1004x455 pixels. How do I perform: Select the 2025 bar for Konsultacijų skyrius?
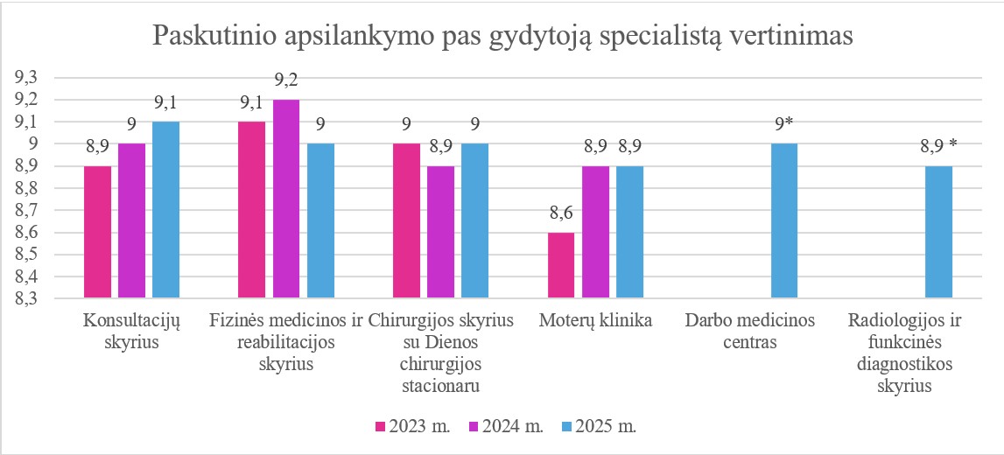coord(165,210)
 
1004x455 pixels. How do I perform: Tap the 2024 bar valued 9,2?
coord(286,199)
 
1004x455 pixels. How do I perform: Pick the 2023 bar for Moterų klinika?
coord(561,265)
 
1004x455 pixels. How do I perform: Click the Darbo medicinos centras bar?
coord(784,220)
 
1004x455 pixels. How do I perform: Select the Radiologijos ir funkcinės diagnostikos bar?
coord(939,232)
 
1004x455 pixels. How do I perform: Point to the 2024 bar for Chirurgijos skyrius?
coord(441,232)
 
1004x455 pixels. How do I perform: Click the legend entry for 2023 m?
coord(412,427)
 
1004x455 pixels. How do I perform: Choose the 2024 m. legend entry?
coord(506,427)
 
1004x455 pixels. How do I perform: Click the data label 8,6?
coord(561,213)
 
